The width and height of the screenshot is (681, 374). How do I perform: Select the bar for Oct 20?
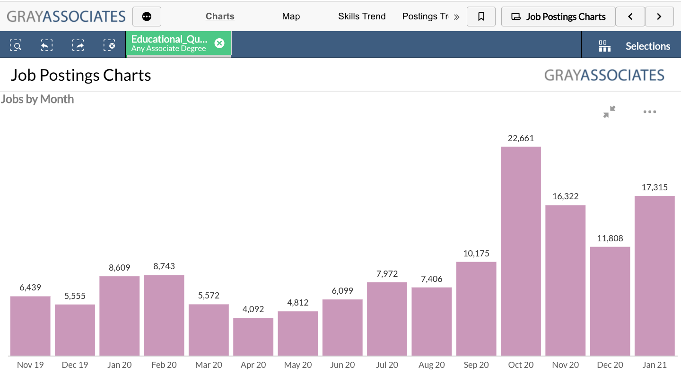pos(521,251)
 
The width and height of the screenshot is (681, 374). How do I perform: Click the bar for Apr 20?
pos(253,337)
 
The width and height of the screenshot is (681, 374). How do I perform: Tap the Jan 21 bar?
pos(655,276)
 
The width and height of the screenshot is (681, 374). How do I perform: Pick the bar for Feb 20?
pos(164,315)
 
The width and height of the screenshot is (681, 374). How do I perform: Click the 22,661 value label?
pos(521,138)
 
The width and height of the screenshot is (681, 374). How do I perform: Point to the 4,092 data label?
pos(253,309)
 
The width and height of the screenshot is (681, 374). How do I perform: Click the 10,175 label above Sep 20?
pos(476,254)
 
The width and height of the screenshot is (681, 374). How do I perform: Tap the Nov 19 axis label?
pos(30,365)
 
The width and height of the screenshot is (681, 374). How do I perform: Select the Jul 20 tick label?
pos(387,365)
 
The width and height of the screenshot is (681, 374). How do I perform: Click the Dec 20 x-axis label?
pos(610,365)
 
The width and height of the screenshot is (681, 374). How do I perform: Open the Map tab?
pos(291,17)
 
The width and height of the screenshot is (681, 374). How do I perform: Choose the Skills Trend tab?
pos(362,17)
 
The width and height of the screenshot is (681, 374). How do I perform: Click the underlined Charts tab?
pos(220,17)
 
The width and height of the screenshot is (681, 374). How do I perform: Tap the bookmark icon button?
pos(481,17)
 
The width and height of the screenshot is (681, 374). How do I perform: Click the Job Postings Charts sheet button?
pos(559,17)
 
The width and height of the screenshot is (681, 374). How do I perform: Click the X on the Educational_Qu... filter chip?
pos(219,43)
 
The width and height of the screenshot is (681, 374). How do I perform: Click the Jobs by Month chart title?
pos(37,99)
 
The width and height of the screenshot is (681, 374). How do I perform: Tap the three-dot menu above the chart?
pos(649,112)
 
